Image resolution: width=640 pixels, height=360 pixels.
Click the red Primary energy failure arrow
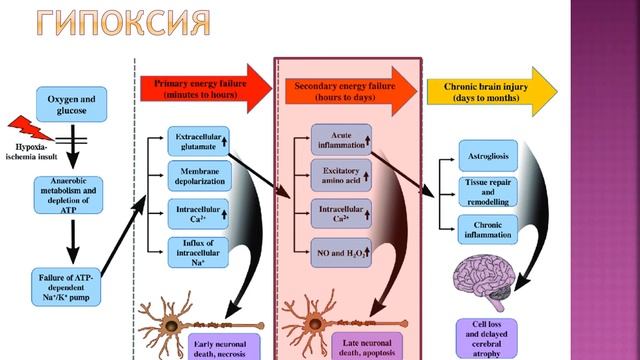pyautogui.click(x=205, y=89)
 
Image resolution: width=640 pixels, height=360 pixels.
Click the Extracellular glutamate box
pyautogui.click(x=199, y=140)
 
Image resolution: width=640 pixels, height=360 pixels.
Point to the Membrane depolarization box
pyautogui.click(x=199, y=176)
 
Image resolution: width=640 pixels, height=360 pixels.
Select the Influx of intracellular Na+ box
pyautogui.click(x=199, y=251)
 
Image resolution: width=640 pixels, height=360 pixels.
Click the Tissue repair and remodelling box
pyautogui.click(x=488, y=191)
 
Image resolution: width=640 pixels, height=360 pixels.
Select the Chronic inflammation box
pyautogui.click(x=488, y=229)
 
